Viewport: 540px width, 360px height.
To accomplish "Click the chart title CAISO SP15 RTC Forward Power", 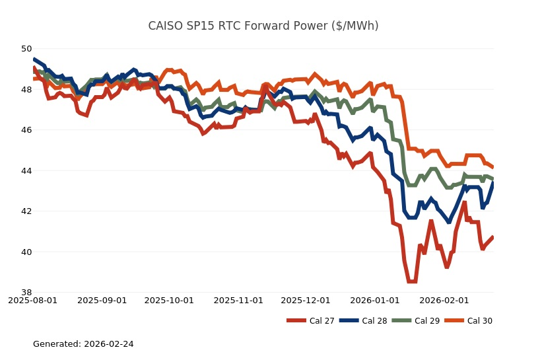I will point(263,26).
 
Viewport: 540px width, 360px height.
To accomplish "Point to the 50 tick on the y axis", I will point(26,49).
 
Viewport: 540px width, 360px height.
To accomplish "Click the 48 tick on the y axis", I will point(26,90).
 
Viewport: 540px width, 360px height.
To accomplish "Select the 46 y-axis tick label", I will point(26,130).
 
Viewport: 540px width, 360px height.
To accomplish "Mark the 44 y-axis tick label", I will point(26,171).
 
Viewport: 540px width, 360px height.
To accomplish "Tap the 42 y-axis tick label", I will point(26,211).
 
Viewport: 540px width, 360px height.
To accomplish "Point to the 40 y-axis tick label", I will point(26,252).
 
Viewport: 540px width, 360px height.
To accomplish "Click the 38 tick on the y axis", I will point(26,293).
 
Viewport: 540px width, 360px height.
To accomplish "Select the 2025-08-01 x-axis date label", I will point(33,301).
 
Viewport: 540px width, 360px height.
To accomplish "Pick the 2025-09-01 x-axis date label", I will point(102,301).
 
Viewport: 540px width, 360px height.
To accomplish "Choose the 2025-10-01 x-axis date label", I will point(169,301).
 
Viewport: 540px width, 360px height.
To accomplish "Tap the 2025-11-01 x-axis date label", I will point(238,301).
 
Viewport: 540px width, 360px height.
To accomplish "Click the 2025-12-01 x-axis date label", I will point(305,301).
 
